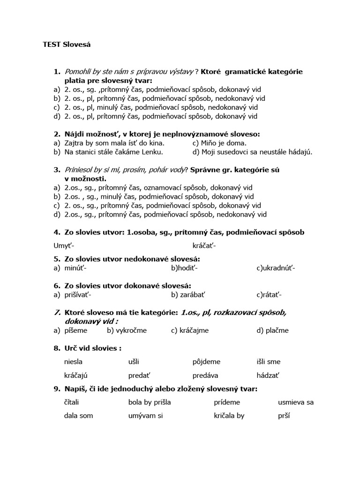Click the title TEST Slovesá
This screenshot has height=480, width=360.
pos(66,45)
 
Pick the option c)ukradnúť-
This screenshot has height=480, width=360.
pos(276,268)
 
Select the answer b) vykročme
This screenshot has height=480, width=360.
pos(127,330)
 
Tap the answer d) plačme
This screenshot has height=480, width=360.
pos(272,330)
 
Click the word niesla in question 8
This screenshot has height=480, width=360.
pos(74,362)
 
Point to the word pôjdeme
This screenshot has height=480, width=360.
pos(206,362)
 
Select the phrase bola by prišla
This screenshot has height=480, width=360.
pos(149,402)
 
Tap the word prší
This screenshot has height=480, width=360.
pos(284,416)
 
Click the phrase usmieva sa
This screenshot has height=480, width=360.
pos(296,402)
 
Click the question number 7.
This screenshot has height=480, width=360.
pos(57,313)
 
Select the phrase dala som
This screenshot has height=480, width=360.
pos(78,416)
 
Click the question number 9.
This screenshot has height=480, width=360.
pos(57,389)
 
